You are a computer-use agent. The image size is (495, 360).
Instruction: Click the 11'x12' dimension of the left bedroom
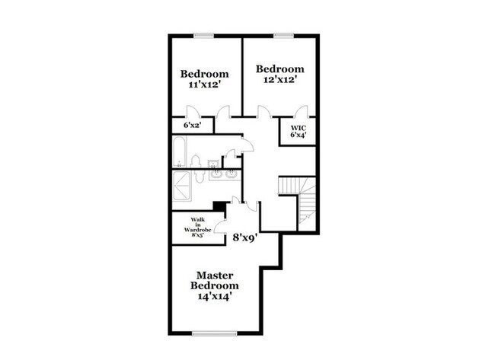pyautogui.click(x=204, y=86)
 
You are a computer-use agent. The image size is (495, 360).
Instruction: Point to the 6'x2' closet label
pyautogui.click(x=192, y=125)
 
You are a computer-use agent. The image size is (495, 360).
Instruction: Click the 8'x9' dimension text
pyautogui.click(x=245, y=237)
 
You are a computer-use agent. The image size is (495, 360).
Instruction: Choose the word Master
pyautogui.click(x=215, y=275)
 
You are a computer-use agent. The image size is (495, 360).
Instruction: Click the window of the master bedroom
pyautogui.click(x=216, y=333)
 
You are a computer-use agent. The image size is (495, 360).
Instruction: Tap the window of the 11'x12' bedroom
pyautogui.click(x=203, y=35)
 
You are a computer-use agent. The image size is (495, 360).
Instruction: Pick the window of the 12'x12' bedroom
pyautogui.click(x=285, y=35)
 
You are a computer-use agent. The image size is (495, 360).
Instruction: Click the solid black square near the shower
pyautogui.click(x=219, y=205)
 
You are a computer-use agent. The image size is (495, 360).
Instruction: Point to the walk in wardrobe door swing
pyautogui.click(x=219, y=223)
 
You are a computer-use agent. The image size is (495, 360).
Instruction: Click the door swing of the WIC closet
pyautogui.click(x=302, y=112)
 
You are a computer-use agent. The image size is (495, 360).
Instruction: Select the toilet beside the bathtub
pyautogui.click(x=196, y=161)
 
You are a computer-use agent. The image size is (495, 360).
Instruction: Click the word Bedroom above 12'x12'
pyautogui.click(x=280, y=68)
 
